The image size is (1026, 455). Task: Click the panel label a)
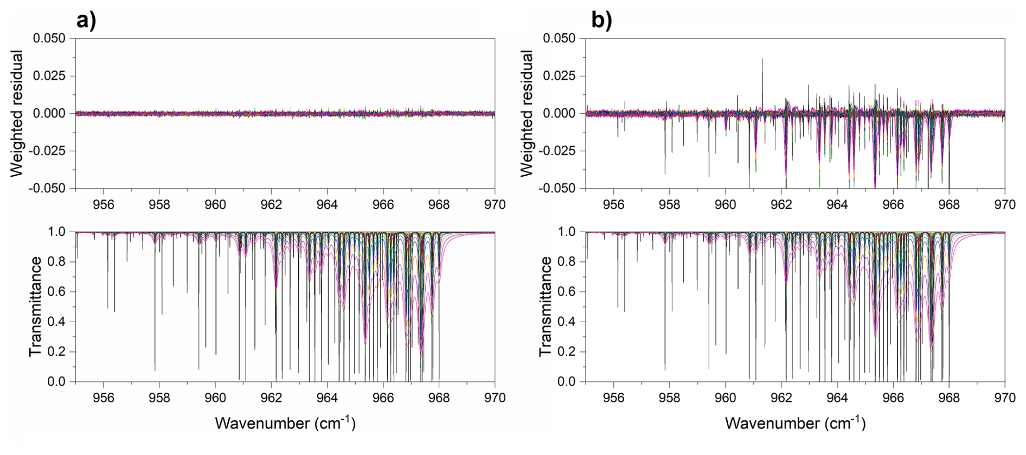tap(86, 21)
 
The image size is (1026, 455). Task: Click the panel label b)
tap(601, 21)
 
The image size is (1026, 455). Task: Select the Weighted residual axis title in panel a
tap(17, 113)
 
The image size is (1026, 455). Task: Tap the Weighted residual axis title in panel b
tap(527, 113)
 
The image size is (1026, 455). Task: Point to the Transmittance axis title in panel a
tap(36, 306)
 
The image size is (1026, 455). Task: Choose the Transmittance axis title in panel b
tap(546, 306)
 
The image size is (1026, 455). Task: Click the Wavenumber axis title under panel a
tap(285, 423)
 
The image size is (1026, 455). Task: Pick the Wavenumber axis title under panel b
tap(795, 423)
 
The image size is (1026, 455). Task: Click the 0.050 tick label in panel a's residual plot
tap(49, 39)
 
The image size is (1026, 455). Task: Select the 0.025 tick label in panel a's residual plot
tap(49, 76)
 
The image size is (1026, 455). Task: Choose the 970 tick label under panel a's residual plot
tap(495, 204)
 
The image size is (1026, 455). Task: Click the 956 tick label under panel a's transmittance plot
tap(104, 398)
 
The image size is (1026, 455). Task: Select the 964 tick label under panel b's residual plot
tap(837, 204)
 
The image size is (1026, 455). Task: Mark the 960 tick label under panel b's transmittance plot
tap(726, 398)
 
